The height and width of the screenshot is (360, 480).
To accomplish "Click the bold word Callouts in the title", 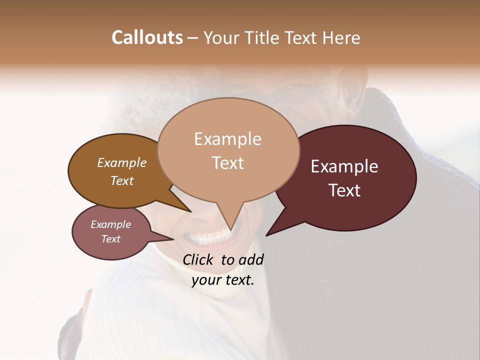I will point(147,37).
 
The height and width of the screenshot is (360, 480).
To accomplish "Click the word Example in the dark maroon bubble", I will point(344,166).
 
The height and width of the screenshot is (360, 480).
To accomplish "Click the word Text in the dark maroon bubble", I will point(344,190).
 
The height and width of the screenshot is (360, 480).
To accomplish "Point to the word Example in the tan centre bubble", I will point(227,139).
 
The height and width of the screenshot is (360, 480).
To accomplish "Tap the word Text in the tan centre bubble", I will point(227,163).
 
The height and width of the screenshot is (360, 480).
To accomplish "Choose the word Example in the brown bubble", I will point(122,162).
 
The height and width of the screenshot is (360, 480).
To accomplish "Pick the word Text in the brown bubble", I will point(122,180).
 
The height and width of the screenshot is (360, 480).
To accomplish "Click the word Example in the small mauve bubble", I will point(110,224).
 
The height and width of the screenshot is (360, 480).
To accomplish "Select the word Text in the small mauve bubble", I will point(110,239).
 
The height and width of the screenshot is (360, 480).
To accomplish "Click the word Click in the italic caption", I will point(199,259).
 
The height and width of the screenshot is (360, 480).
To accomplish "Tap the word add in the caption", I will point(251,259).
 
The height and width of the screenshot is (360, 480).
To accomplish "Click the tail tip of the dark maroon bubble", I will point(266,235).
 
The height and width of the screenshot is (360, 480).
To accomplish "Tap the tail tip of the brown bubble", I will point(190,212).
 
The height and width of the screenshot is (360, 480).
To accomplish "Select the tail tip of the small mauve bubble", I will point(174,239).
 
